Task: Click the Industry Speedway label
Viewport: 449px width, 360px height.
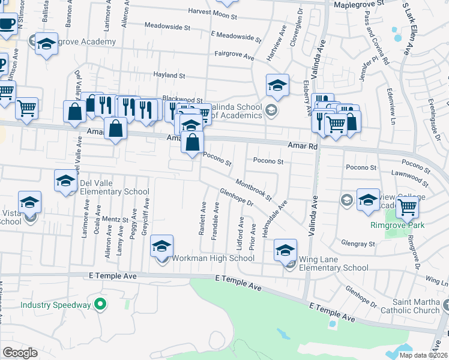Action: [x=56, y=305]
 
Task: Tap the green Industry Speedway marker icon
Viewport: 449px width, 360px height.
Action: [x=101, y=305]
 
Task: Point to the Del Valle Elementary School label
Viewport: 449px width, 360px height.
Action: [x=113, y=192]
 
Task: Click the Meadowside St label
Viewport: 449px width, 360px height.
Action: [x=167, y=28]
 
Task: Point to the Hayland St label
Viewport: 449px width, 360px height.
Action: [x=168, y=76]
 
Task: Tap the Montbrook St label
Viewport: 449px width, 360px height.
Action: [x=254, y=189]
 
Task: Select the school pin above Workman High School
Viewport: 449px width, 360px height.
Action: [x=161, y=246]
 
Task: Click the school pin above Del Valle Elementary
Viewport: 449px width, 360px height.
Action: [x=65, y=181]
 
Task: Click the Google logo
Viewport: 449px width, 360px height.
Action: [x=20, y=353]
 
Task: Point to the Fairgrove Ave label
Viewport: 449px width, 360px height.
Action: [x=235, y=55]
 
